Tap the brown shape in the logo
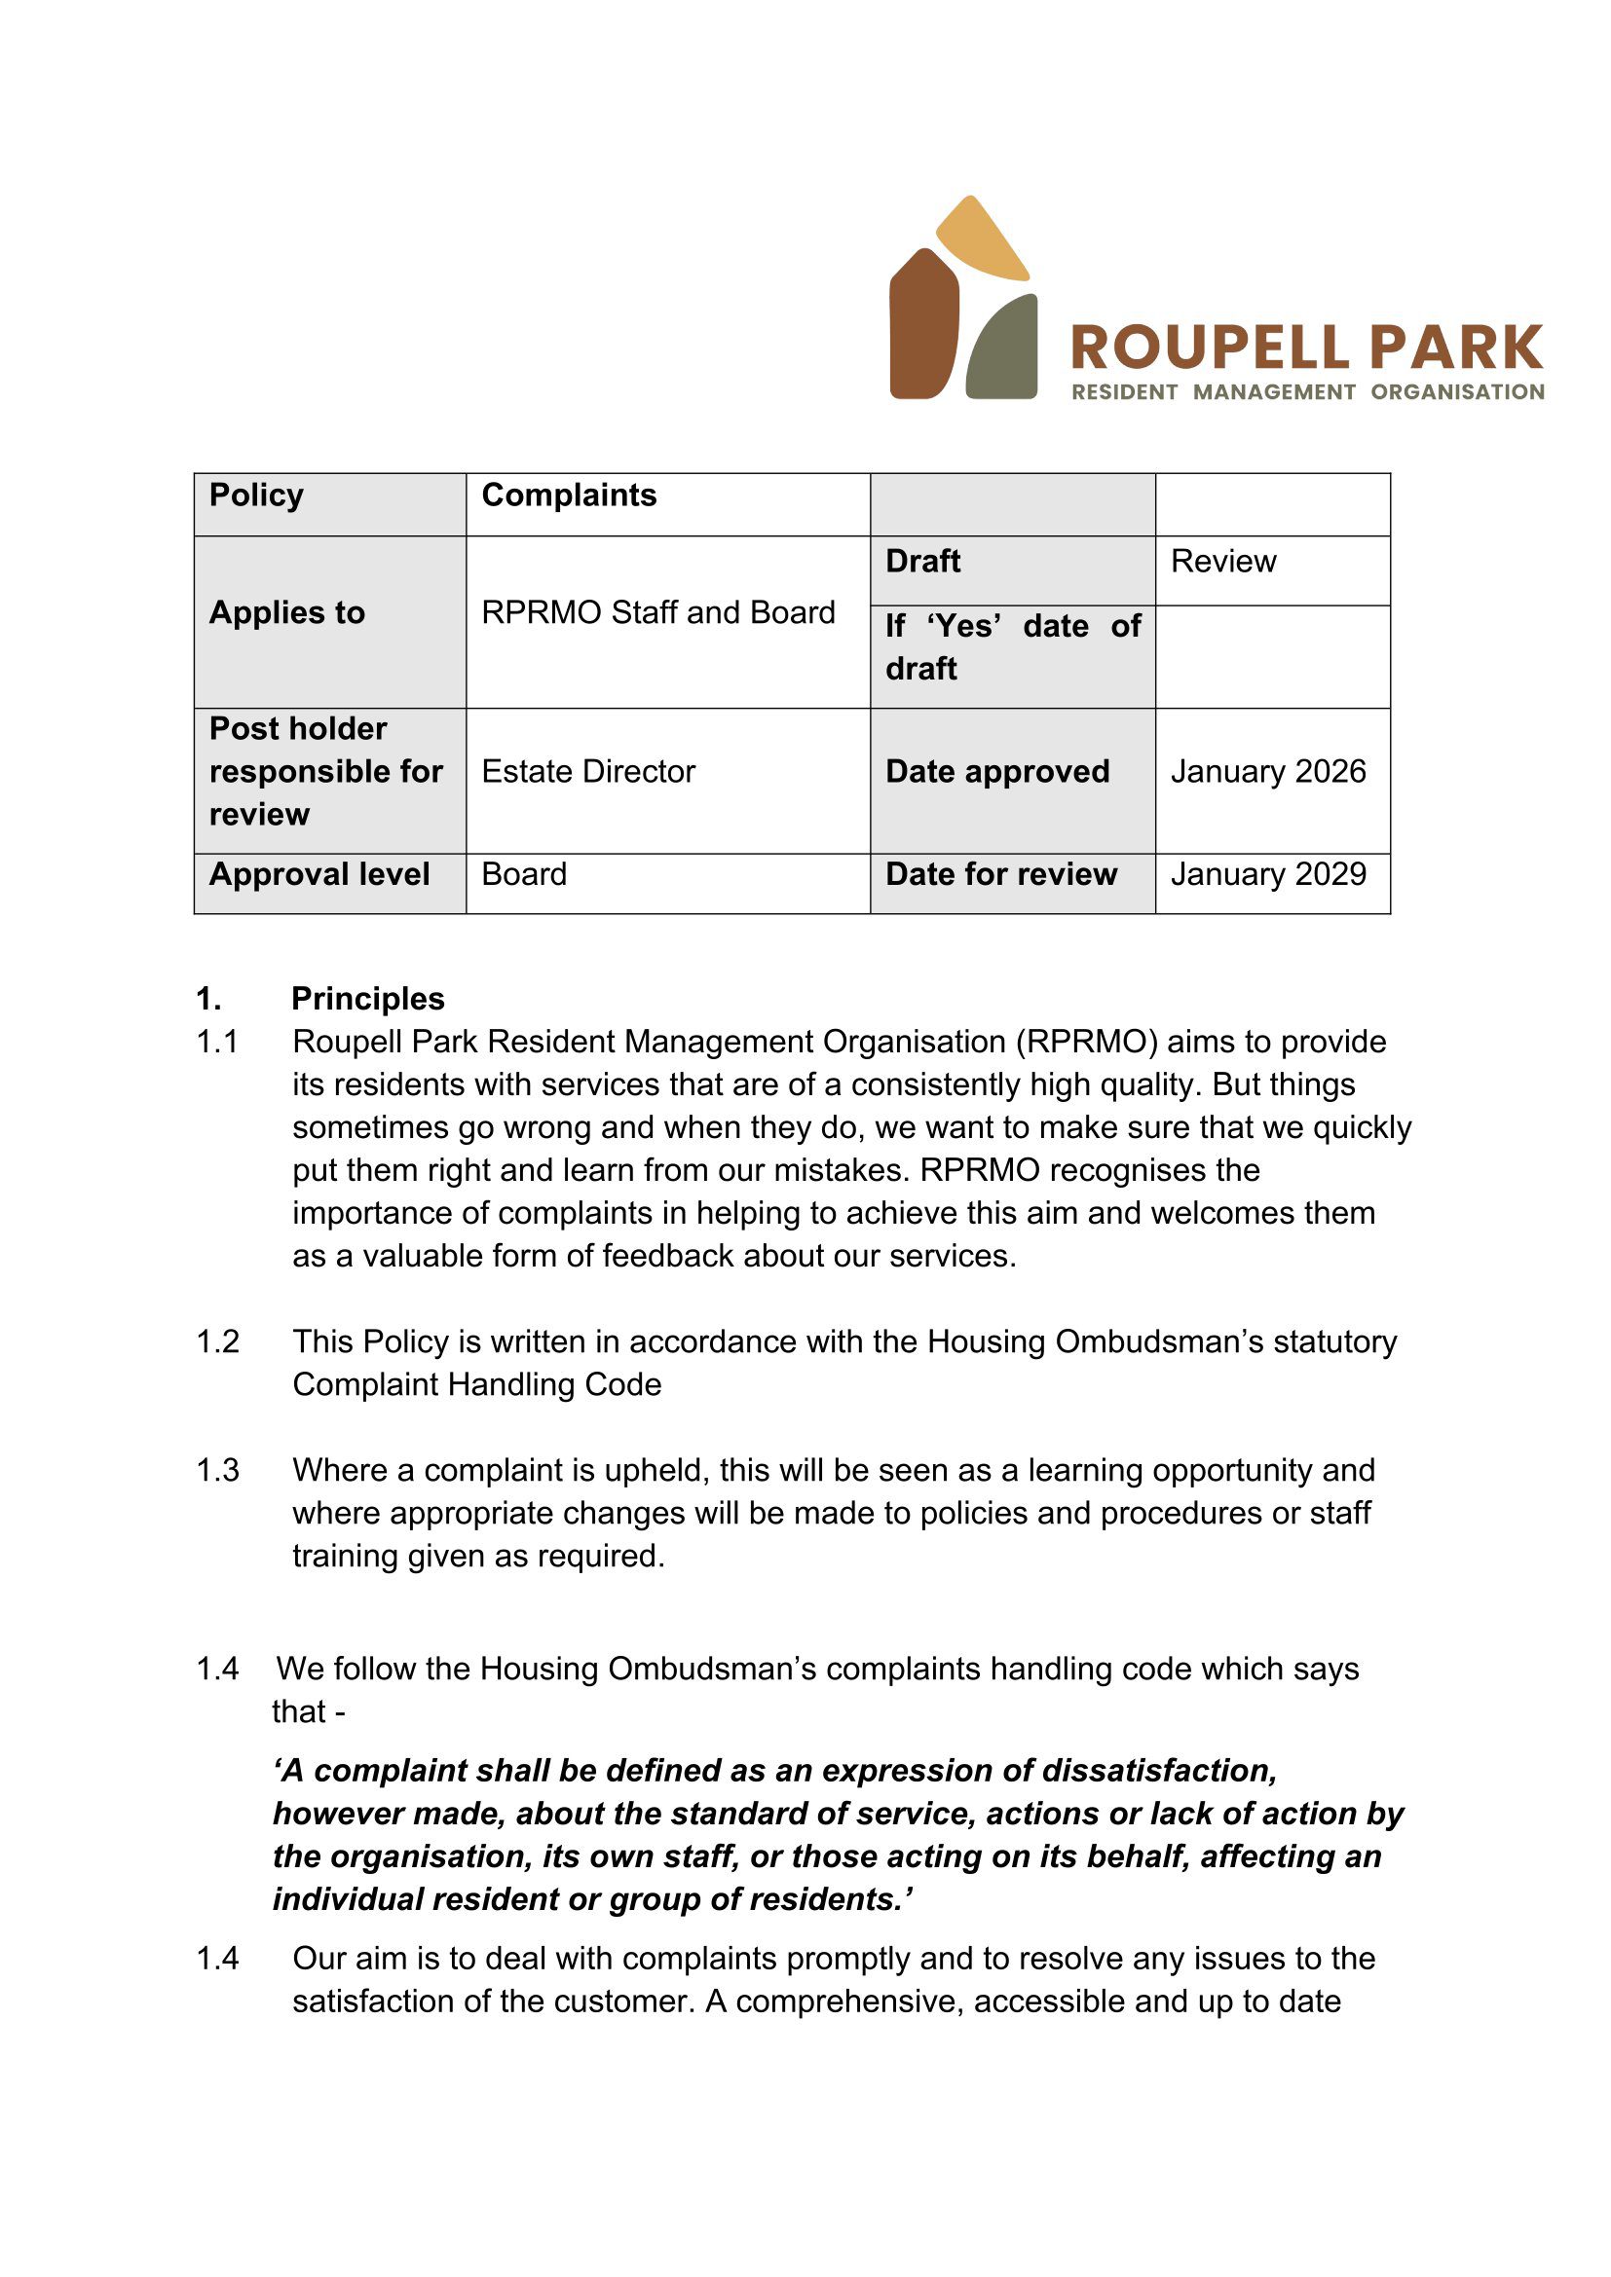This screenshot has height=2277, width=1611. point(923,327)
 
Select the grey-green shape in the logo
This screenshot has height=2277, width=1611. point(1005,352)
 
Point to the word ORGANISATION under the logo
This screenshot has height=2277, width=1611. point(1457,391)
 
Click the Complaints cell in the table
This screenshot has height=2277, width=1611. point(569,495)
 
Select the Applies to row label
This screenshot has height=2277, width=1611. point(286,613)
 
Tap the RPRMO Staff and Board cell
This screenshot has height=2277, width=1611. point(657,613)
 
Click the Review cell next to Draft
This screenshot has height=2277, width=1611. point(1222,562)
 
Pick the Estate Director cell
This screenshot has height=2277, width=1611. point(588,772)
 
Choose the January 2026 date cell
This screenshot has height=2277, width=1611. point(1268,772)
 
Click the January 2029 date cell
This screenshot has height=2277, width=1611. point(1268,873)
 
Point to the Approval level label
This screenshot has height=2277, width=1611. point(319,873)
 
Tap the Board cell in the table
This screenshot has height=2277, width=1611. point(524,873)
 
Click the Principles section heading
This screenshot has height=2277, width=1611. point(367,998)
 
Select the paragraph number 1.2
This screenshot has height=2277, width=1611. point(217,1340)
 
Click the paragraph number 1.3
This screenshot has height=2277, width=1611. point(217,1470)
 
